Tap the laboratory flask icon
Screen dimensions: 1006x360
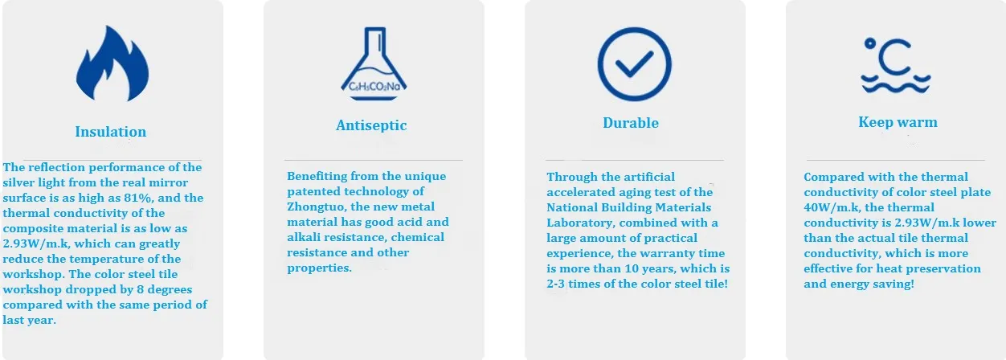pyautogui.click(x=374, y=63)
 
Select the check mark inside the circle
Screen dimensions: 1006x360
pyautogui.click(x=634, y=63)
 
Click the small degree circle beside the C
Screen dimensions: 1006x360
pyautogui.click(x=870, y=43)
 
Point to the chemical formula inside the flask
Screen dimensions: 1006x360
pyautogui.click(x=374, y=86)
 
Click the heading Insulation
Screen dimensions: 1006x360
pyautogui.click(x=110, y=132)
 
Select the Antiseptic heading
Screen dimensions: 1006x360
pyautogui.click(x=371, y=125)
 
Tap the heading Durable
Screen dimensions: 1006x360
pyautogui.click(x=631, y=123)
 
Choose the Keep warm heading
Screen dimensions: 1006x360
pyautogui.click(x=898, y=122)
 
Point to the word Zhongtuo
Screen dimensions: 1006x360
pyautogui.click(x=317, y=207)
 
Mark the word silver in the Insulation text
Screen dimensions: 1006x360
pyautogui.click(x=18, y=182)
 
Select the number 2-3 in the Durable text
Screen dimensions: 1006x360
pyautogui.click(x=555, y=284)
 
